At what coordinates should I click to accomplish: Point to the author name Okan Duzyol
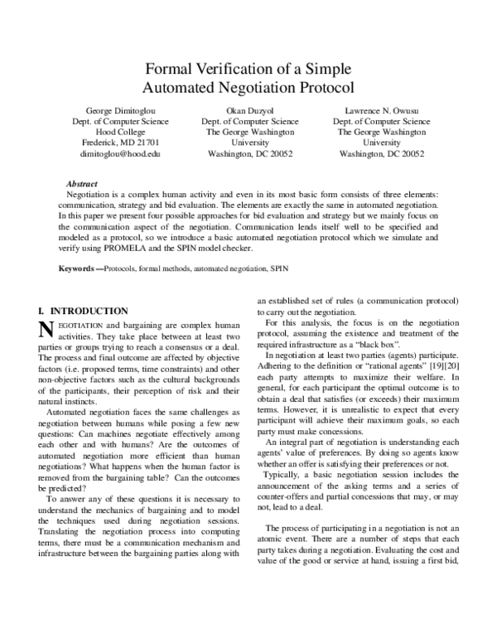coord(249,110)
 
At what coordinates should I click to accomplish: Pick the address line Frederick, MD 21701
coord(120,143)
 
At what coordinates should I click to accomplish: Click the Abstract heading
coord(81,183)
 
